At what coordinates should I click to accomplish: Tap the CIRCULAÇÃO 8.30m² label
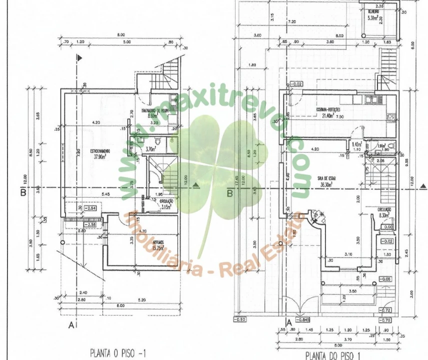(x=384, y=212)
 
